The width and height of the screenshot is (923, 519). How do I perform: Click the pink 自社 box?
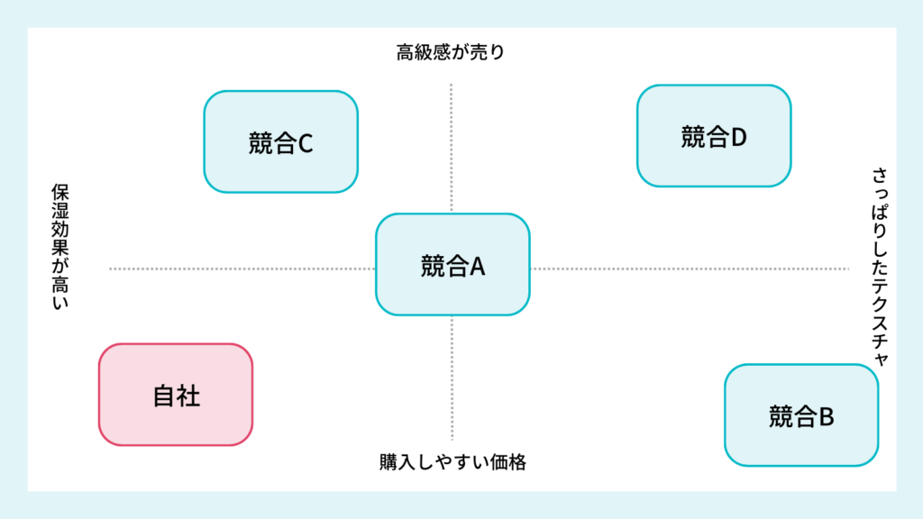pyautogui.click(x=175, y=395)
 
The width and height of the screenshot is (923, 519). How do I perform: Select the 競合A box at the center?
pyautogui.click(x=452, y=265)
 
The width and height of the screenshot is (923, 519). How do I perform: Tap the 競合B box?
pyautogui.click(x=801, y=415)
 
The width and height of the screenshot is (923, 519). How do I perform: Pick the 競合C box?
pyautogui.click(x=280, y=141)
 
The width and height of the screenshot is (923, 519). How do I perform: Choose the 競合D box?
pyautogui.click(x=714, y=136)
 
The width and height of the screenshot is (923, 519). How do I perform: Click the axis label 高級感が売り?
pyautogui.click(x=451, y=52)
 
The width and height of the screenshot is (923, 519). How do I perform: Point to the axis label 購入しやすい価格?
pyautogui.click(x=452, y=463)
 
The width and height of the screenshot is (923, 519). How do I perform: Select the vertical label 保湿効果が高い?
pyautogui.click(x=60, y=246)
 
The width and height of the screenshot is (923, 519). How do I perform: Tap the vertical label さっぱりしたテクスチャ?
pyautogui.click(x=879, y=266)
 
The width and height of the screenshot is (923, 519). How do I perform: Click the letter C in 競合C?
pyautogui.click(x=305, y=142)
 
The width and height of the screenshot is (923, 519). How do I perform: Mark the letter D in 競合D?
pyautogui.click(x=739, y=137)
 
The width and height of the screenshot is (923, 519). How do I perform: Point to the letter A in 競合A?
pyautogui.click(x=477, y=266)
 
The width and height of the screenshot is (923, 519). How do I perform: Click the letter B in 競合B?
pyautogui.click(x=826, y=416)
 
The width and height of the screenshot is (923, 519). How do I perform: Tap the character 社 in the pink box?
pyautogui.click(x=188, y=396)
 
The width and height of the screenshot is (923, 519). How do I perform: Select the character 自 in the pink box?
pyautogui.click(x=163, y=396)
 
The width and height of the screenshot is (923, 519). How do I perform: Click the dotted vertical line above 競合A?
pyautogui.click(x=452, y=149)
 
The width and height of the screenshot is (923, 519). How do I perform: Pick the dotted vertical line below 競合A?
pyautogui.click(x=452, y=378)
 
